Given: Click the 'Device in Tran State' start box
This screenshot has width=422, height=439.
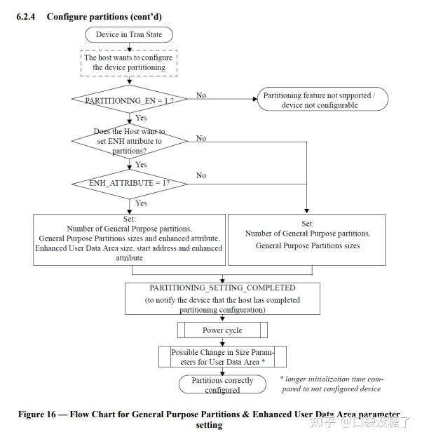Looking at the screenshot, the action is (x=129, y=35).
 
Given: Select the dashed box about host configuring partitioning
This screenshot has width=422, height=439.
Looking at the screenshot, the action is (x=129, y=63).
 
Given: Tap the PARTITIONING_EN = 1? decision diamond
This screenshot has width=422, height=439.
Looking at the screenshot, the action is (x=130, y=99).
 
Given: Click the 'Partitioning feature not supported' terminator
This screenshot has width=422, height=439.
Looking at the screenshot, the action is (x=322, y=99).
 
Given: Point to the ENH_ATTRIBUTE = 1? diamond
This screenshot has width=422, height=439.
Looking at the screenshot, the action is (x=130, y=184).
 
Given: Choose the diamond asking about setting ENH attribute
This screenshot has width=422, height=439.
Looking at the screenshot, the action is (x=130, y=141).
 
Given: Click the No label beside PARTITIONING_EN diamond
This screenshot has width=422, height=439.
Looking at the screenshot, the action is (x=201, y=95).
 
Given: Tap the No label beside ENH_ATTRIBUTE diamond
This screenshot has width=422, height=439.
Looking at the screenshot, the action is (x=201, y=175).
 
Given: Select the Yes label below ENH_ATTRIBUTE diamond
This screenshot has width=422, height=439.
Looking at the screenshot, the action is (x=142, y=203).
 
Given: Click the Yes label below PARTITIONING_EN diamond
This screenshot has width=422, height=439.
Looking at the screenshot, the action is (x=142, y=118).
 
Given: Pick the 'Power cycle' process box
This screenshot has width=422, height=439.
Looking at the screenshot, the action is (x=222, y=330).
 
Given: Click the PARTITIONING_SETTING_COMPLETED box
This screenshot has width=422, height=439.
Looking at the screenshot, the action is (x=222, y=299).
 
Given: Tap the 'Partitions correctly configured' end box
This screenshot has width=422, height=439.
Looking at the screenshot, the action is (x=222, y=384).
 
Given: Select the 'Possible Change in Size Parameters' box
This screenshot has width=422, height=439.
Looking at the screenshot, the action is (x=222, y=357).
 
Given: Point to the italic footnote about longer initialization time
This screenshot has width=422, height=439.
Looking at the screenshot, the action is (x=332, y=384).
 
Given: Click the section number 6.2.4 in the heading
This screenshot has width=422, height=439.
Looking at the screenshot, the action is (x=26, y=17).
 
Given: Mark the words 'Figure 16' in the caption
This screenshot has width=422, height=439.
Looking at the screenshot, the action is (x=37, y=414).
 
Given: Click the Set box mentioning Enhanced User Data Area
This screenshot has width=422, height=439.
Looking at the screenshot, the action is (x=129, y=240).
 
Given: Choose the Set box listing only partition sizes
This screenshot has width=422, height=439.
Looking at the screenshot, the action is (x=307, y=240).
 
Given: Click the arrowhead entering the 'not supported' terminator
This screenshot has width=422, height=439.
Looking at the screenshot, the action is (x=255, y=99).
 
